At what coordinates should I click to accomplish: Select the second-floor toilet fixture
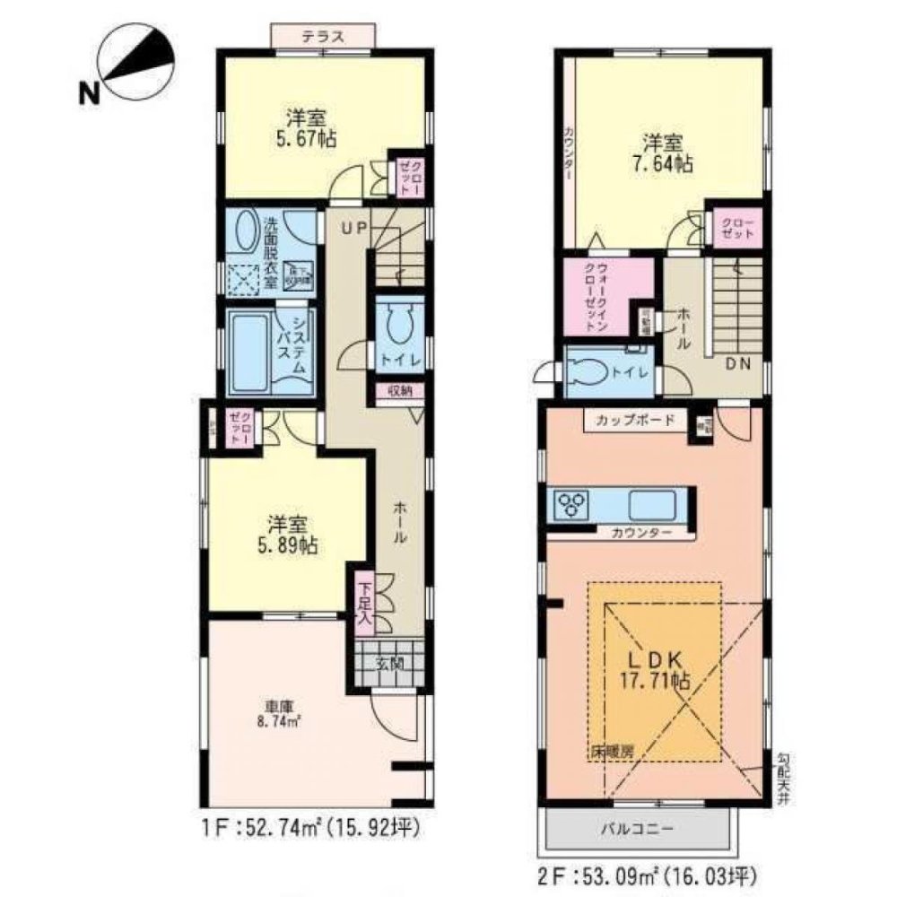(592, 372)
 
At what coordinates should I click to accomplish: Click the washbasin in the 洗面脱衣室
(243, 232)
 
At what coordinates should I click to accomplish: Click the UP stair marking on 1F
(352, 228)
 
